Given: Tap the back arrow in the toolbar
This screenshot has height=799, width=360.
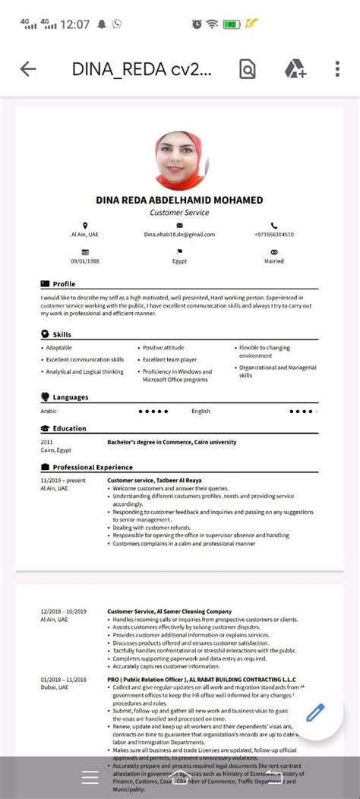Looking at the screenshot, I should coord(28,69).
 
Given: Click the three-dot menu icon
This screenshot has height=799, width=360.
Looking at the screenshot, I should coord(337,69).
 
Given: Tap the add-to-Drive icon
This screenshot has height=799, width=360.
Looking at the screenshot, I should coord(295,69).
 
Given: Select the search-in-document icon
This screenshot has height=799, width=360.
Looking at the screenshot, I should coord(248,69).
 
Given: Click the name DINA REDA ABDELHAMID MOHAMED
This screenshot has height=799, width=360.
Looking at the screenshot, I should coord(179,200).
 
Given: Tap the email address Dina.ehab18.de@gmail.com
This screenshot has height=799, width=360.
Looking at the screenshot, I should coord(179,235).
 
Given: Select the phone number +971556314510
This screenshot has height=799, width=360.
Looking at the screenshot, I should coord(273,235).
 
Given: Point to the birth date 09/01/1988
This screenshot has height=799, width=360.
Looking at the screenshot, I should coord(85,261).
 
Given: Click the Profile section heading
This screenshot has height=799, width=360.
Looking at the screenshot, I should coord(64,283).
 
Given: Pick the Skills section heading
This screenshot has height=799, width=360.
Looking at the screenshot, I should coord(62,334).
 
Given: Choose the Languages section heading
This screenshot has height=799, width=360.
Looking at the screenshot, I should coord(70,397).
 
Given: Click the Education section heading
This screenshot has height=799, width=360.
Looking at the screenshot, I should coord(69,428).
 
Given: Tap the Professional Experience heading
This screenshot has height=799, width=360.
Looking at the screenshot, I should coord(92,467).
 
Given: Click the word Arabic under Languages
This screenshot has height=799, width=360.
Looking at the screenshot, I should coord(49,412).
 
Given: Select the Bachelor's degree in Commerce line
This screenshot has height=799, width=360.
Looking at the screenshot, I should coord(172,442).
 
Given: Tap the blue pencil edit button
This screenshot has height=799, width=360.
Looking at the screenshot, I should coord(315,713).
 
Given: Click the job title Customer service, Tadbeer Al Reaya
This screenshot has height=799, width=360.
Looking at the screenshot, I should coord(153,480).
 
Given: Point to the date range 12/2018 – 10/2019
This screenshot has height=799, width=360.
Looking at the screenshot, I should coord(64,611).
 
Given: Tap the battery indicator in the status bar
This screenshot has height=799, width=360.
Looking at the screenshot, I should coord(231,24).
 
